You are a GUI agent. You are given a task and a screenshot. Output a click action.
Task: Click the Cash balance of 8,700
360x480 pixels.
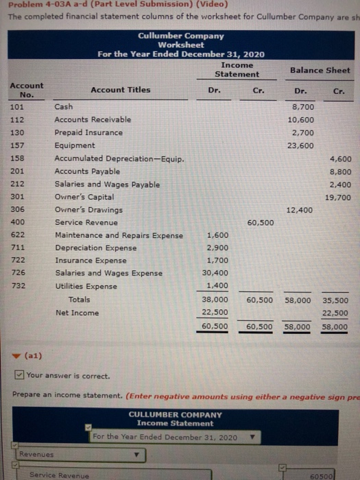coord(302,107)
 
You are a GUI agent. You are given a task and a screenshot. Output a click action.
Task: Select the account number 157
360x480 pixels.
coord(19,145)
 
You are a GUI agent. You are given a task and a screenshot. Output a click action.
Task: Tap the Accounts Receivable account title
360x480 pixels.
coord(93,120)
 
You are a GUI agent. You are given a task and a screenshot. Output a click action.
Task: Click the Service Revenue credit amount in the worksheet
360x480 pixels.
coord(260,222)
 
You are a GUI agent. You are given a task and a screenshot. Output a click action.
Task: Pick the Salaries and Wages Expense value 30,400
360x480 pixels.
coord(217,273)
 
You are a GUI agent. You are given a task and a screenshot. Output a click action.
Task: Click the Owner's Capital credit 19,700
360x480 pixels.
coord(337,197)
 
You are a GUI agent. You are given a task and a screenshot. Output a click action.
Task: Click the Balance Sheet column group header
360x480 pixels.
coord(320,70)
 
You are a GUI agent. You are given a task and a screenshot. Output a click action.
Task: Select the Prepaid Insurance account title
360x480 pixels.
coord(89,132)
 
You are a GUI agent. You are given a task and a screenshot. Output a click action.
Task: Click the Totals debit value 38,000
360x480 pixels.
coord(215,300)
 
